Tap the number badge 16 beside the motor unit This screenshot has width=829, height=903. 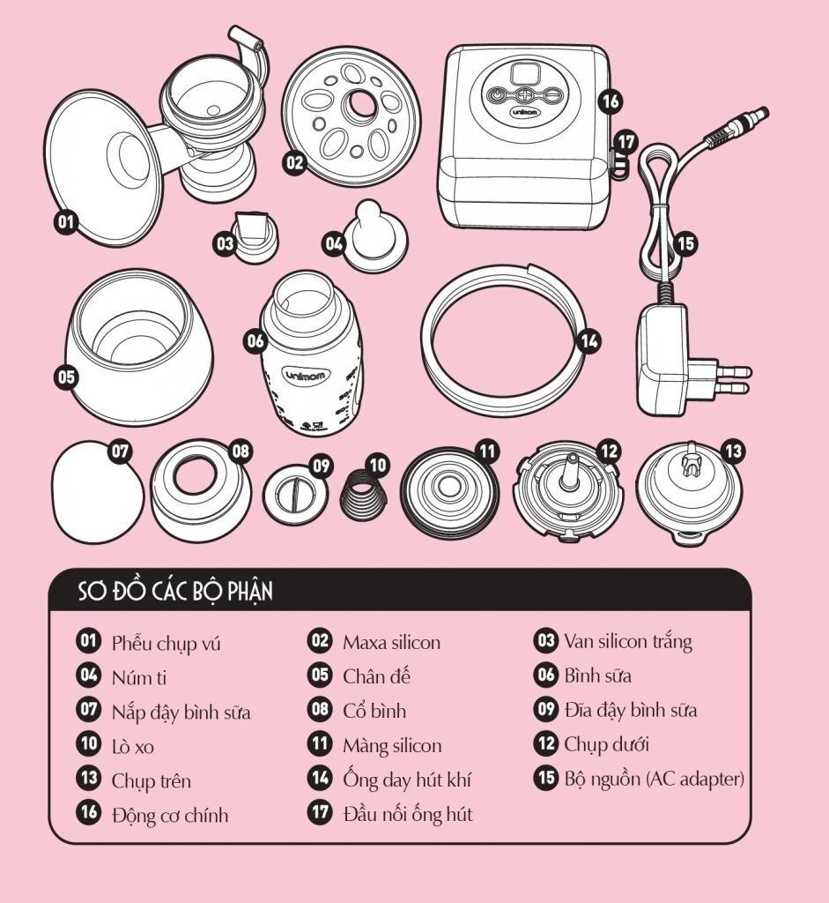(x=611, y=101)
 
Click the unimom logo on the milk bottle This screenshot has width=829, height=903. (x=306, y=376)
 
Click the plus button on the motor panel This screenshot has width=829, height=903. (x=523, y=95)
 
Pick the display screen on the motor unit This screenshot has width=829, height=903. (x=526, y=74)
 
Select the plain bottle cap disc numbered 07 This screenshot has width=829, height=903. (x=97, y=492)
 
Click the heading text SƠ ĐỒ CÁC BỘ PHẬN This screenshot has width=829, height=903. (x=175, y=592)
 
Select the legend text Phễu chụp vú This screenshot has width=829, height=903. (x=167, y=643)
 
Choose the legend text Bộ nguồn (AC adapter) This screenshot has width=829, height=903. (x=654, y=779)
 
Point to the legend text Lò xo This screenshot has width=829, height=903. (x=133, y=747)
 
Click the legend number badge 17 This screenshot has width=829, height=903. (x=320, y=812)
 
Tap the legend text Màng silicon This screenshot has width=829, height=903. (x=392, y=745)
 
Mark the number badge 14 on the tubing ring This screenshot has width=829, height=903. (x=589, y=341)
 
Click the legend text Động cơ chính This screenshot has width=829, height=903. (x=170, y=815)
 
